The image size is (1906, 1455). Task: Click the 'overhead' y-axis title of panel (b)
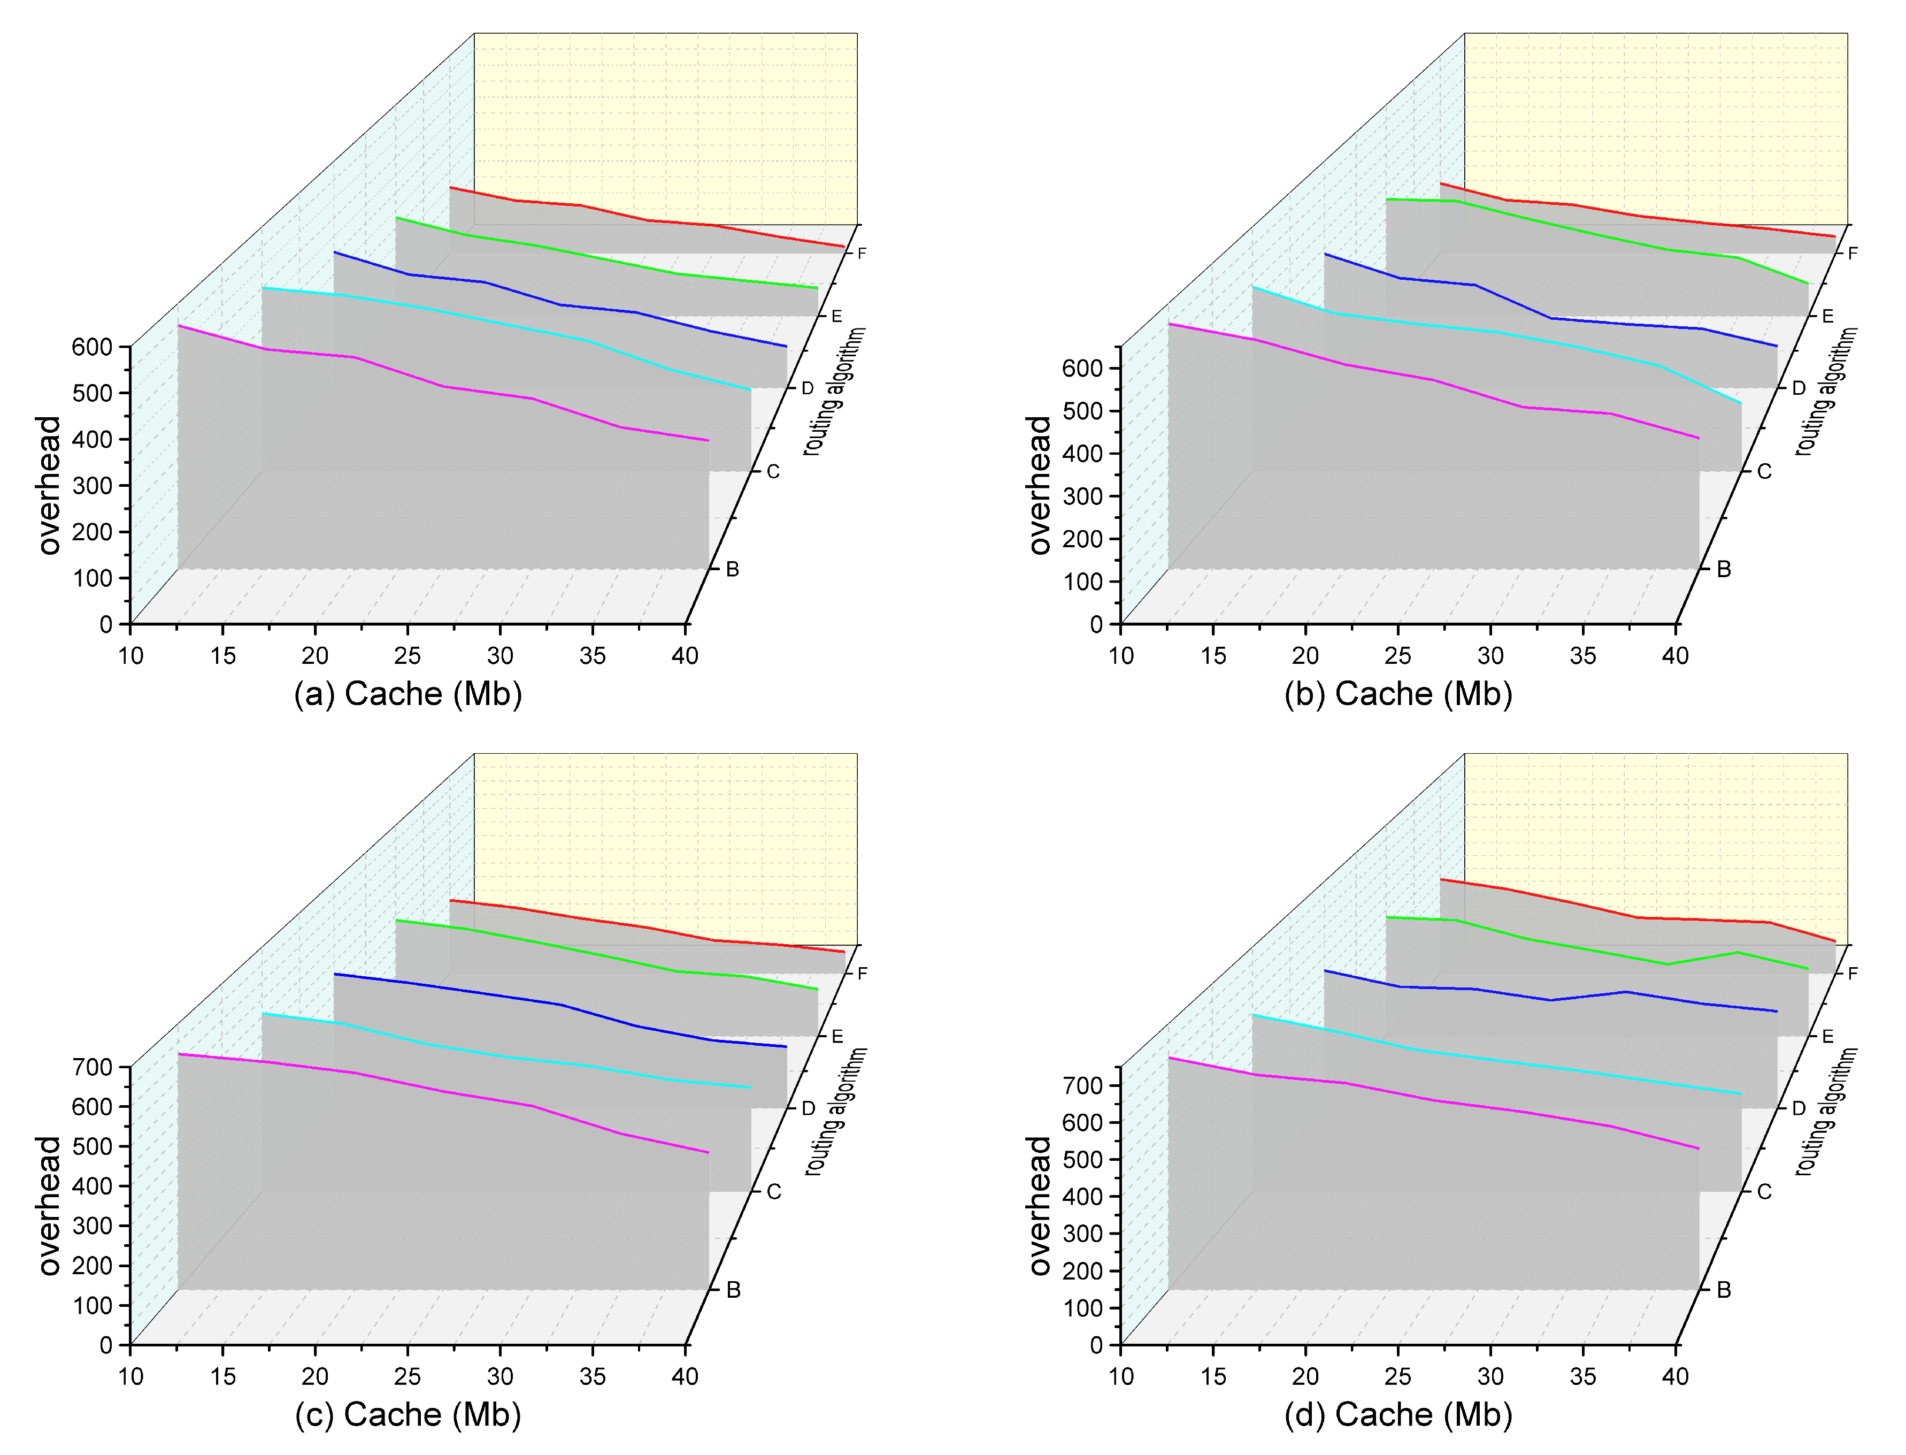1039,485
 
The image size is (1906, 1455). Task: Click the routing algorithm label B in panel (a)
732,570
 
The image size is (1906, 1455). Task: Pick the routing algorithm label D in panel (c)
808,1108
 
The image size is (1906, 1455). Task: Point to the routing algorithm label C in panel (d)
1764,1192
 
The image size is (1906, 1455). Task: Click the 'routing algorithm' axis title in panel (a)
834,392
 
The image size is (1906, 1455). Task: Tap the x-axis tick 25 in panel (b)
1397,656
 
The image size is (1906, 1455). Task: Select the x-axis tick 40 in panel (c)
684,1377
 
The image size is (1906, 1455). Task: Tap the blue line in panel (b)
1511,301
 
